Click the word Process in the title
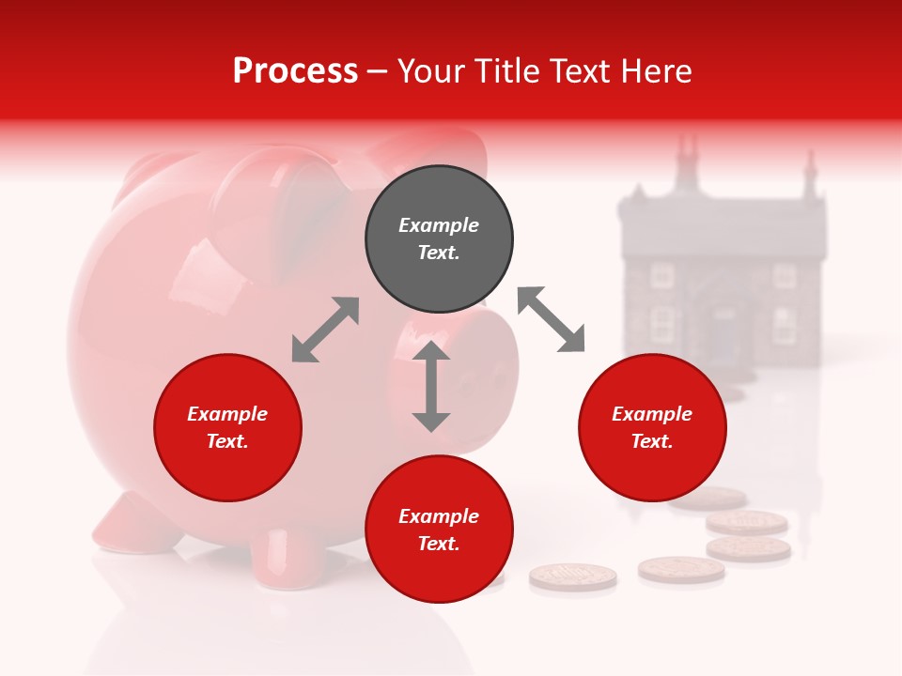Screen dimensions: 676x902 [295, 71]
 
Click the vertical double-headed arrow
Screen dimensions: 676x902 [431, 386]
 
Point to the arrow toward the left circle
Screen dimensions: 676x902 [325, 330]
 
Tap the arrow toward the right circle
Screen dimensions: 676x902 [552, 319]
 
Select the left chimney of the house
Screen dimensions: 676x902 [690, 156]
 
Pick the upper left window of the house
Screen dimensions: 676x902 [663, 274]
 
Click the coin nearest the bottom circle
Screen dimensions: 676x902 [573, 576]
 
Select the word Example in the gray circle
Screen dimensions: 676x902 [439, 225]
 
